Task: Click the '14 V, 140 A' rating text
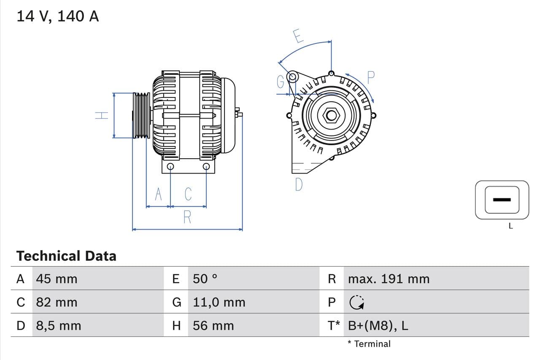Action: coord(57,16)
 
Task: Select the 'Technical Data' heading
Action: coord(66,256)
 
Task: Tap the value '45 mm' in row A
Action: coord(57,279)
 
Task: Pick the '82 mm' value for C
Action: coord(57,302)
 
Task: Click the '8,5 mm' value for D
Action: coord(58,326)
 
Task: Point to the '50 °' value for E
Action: coord(205,279)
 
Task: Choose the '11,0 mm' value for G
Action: coord(219,302)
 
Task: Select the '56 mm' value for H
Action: coord(213,326)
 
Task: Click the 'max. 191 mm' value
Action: coord(389,279)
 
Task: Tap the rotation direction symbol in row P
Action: coord(356,302)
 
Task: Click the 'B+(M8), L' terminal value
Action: coord(378,326)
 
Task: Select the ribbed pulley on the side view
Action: coord(141,115)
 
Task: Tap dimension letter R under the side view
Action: coord(187,217)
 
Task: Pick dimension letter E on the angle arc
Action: coord(298,36)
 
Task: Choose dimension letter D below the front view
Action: coord(299,184)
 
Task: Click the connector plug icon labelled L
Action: coord(502,200)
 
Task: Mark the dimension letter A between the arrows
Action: coord(158,194)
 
